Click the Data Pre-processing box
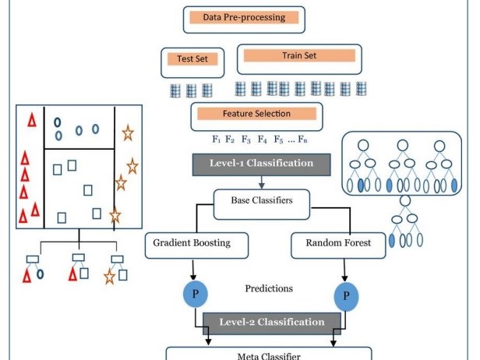244,19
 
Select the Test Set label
192,58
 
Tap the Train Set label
299,55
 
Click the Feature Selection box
256,117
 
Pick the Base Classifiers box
262,204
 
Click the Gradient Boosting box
196,245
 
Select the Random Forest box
338,245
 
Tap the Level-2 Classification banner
272,323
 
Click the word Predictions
269,288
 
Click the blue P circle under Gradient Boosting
196,294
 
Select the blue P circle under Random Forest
346,296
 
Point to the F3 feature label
246,139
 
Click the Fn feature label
302,139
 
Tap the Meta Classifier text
269,356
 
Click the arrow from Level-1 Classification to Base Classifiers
262,182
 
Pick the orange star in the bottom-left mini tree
109,277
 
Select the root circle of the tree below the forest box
405,201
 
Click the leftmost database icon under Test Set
175,90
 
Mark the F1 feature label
217,139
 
